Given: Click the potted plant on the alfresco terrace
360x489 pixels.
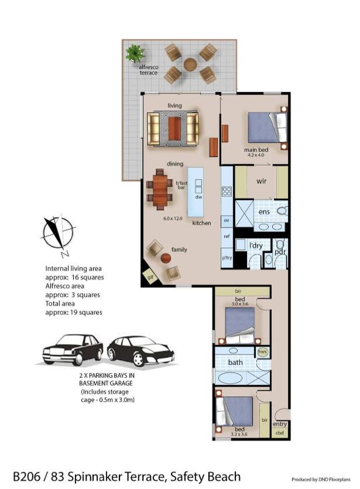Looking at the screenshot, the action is [x=135, y=53].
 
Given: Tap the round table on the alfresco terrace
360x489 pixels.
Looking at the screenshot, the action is [x=190, y=64].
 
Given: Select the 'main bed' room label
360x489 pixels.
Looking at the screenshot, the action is [x=256, y=150].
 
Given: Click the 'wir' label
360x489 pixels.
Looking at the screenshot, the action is [x=261, y=181].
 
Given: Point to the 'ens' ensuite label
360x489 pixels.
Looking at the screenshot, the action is [x=264, y=212].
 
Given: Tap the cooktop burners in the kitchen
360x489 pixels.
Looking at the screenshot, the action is [x=227, y=191].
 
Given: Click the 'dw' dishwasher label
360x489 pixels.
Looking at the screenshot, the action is [x=198, y=197].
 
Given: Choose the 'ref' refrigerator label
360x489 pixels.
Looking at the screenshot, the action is [x=227, y=237].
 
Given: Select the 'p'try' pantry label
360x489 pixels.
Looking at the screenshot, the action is [x=227, y=258].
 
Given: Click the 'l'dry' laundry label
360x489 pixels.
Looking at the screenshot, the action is [x=256, y=246].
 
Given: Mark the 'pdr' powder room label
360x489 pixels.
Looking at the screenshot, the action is [x=280, y=252].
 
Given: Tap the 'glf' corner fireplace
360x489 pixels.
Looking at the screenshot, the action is [x=150, y=276].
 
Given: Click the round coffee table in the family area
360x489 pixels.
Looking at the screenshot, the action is [x=166, y=258].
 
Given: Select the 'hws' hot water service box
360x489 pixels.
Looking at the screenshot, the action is [x=262, y=352].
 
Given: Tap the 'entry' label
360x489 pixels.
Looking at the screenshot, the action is [x=280, y=424].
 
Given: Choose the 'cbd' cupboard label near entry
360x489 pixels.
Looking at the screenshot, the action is [x=280, y=433].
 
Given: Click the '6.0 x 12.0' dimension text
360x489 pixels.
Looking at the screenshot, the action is [x=173, y=218].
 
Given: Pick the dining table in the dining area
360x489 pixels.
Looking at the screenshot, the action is [x=160, y=189].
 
